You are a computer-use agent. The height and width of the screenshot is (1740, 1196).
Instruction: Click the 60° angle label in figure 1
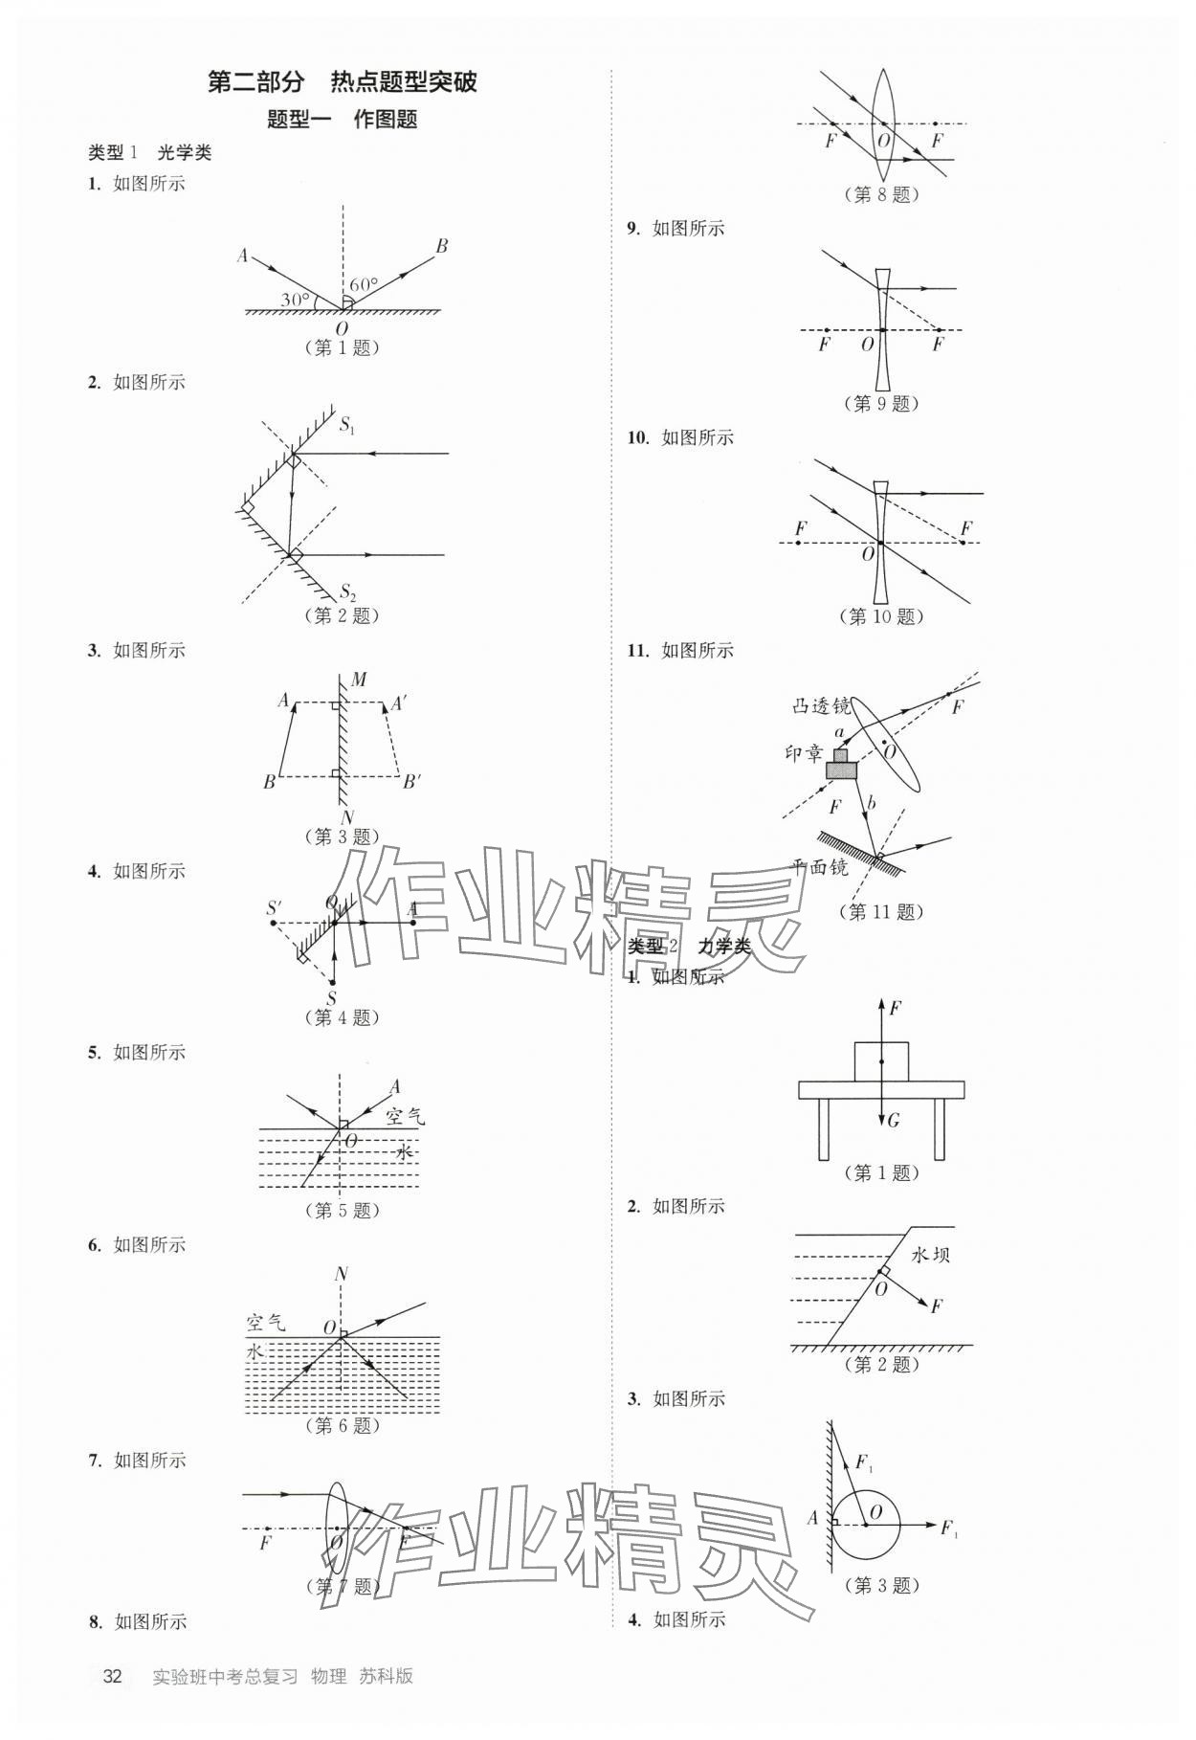pyautogui.click(x=363, y=284)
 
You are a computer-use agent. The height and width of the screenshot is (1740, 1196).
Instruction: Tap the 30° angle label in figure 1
pyautogui.click(x=295, y=300)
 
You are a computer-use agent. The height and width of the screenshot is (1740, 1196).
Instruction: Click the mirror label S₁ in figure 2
pyautogui.click(x=347, y=424)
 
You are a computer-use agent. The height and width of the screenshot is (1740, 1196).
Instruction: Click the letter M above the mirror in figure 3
pyautogui.click(x=359, y=680)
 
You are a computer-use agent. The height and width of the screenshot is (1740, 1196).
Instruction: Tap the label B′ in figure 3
pyautogui.click(x=411, y=782)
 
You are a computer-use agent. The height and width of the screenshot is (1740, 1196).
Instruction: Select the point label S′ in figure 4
pyautogui.click(x=275, y=907)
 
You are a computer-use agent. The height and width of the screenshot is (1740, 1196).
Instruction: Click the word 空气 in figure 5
pyautogui.click(x=405, y=1116)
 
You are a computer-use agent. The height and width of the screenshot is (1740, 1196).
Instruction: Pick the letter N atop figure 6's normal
pyautogui.click(x=341, y=1274)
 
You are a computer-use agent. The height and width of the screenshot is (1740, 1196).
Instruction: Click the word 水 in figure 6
pyautogui.click(x=255, y=1351)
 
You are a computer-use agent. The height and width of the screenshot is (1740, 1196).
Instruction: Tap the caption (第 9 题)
pyautogui.click(x=880, y=403)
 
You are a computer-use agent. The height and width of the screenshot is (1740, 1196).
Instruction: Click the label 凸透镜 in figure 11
pyautogui.click(x=821, y=706)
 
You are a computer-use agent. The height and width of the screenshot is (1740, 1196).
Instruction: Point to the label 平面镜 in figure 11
pyautogui.click(x=819, y=867)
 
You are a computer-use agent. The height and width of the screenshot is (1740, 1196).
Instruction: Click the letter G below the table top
pyautogui.click(x=894, y=1120)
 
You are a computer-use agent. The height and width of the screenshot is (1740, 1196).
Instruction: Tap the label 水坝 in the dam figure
pyautogui.click(x=930, y=1255)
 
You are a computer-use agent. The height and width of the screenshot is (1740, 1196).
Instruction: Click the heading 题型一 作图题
pyautogui.click(x=342, y=120)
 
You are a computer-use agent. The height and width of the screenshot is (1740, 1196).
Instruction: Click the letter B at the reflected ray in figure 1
pyautogui.click(x=441, y=246)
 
